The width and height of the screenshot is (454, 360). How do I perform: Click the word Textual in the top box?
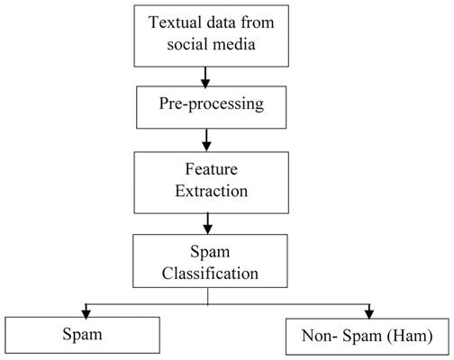pyautogui.click(x=175, y=22)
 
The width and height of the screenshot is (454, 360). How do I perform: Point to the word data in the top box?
pyautogui.click(x=221, y=22)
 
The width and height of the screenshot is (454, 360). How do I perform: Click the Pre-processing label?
pyautogui.click(x=212, y=104)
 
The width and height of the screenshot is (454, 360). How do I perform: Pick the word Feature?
pyautogui.click(x=212, y=169)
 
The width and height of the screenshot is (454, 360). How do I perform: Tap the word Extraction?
pyautogui.click(x=212, y=191)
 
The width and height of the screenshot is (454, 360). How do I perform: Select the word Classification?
pyautogui.click(x=210, y=274)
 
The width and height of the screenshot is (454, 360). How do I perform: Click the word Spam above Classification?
pyautogui.click(x=210, y=252)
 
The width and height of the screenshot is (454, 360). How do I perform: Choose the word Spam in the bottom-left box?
pyautogui.click(x=82, y=335)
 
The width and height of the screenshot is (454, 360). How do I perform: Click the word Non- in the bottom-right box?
pyautogui.click(x=320, y=336)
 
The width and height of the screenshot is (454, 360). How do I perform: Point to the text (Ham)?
pyautogui.click(x=410, y=336)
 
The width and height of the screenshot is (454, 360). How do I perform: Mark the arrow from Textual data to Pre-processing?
pyautogui.click(x=205, y=77)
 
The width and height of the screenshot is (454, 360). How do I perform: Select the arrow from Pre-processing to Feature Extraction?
pyautogui.click(x=206, y=140)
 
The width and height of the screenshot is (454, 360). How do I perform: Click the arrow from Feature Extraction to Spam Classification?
pyautogui.click(x=207, y=223)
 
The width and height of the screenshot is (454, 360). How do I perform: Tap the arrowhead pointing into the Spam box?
pyautogui.click(x=86, y=314)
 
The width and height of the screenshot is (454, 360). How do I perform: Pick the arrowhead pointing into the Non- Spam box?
pyautogui.click(x=369, y=314)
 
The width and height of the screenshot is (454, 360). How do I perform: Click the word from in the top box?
pyautogui.click(x=258, y=22)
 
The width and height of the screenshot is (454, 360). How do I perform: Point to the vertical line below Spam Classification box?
pyautogui.click(x=207, y=296)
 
